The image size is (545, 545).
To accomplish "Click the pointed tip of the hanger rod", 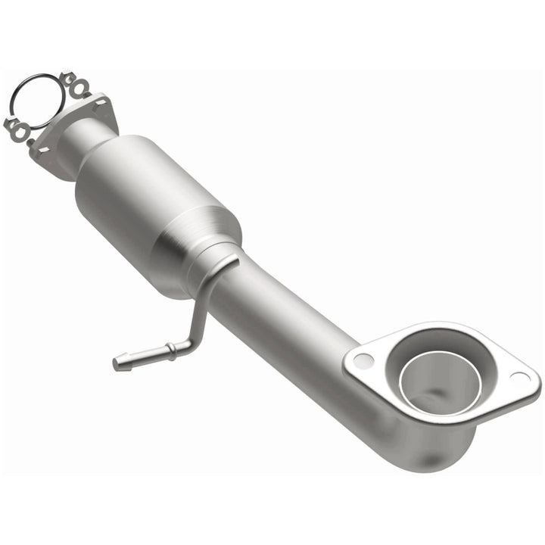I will pyautogui.click(x=118, y=364).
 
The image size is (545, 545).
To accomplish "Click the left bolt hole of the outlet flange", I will pyautogui.click(x=363, y=360).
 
